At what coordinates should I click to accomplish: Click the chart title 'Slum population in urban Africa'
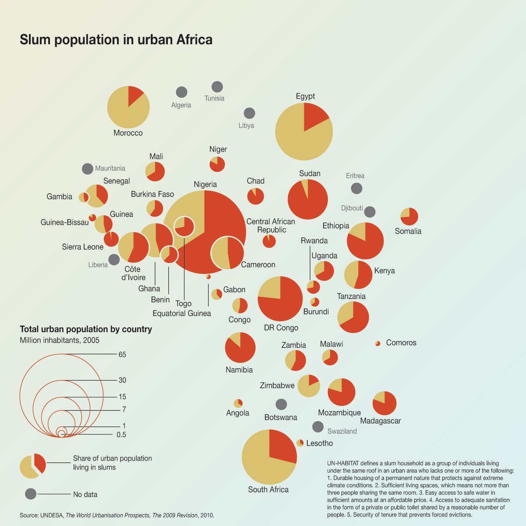pos(116,39)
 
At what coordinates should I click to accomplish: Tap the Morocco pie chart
pos(128,107)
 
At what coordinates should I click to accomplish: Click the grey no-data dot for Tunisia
pos(217,87)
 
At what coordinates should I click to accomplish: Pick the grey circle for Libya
pos(249,113)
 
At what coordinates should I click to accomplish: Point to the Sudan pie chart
pos(308,199)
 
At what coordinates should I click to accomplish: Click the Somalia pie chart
pos(409,217)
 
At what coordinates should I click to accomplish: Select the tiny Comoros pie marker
pos(378,343)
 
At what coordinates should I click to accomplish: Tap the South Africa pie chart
pos(269,457)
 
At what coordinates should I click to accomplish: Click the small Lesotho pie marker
pos(300,443)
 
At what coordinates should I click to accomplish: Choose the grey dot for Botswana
pos(281,404)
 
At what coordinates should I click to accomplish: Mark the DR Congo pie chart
pos(280,299)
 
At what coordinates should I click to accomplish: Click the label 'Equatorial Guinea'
pos(181,313)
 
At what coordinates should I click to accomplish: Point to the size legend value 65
pos(122,355)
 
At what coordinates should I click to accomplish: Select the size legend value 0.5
pos(121,435)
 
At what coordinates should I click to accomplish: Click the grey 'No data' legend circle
pos(31,494)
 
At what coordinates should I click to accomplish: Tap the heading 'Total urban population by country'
pos(86,329)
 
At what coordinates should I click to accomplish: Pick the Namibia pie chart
pos(240,348)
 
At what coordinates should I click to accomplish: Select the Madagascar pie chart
pos(384,403)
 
